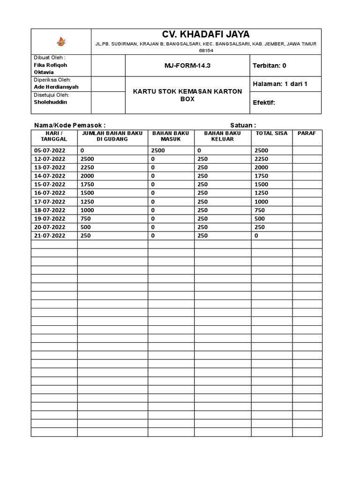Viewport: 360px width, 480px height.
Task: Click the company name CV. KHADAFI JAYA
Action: [206, 35]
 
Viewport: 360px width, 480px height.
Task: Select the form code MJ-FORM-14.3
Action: [187, 66]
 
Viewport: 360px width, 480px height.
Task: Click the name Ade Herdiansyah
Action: [57, 87]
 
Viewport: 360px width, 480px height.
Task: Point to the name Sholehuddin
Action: [51, 102]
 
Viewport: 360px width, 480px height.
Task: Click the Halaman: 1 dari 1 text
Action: [280, 84]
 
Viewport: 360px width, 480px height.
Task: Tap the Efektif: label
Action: [264, 103]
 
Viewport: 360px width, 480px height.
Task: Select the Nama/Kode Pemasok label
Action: [70, 125]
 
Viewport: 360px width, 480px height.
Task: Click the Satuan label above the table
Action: [243, 125]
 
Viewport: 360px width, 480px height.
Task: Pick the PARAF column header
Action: [307, 133]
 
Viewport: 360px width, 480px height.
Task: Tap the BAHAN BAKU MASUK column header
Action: [171, 136]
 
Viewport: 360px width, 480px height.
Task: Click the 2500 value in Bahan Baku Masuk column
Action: [158, 150]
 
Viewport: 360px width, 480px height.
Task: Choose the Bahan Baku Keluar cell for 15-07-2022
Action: [202, 184]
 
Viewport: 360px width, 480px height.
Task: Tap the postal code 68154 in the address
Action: [206, 50]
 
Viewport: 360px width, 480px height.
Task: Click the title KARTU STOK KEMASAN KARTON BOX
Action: [187, 95]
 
